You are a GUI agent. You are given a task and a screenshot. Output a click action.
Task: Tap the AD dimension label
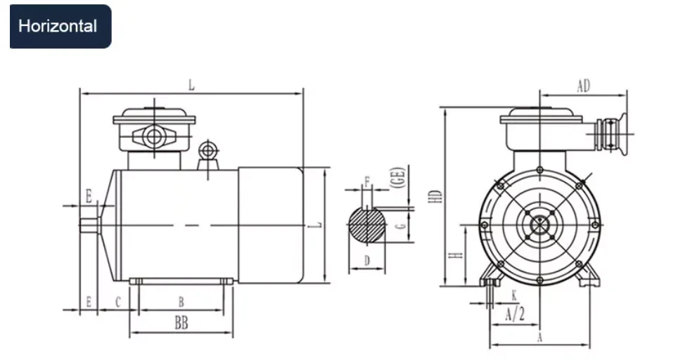583,86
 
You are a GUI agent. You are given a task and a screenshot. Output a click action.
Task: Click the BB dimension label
181,323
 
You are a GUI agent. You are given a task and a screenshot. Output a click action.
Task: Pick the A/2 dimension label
515,314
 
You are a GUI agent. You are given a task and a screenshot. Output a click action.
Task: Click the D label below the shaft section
366,262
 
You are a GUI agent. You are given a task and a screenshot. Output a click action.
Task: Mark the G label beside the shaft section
399,226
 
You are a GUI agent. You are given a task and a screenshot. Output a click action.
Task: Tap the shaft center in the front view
539,224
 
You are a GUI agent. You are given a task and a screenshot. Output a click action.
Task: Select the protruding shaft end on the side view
89,224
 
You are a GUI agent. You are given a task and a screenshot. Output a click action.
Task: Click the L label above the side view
191,85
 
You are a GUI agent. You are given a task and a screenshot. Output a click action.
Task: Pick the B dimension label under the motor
181,302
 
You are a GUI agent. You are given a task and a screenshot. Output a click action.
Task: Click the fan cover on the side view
269,224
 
